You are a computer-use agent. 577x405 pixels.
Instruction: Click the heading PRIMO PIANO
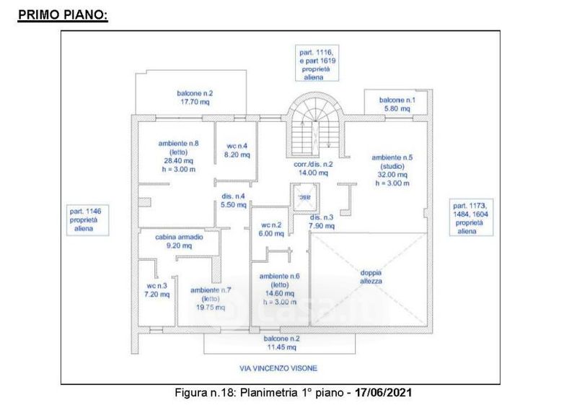coord(62,14)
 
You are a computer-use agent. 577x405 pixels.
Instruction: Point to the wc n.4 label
coord(237,149)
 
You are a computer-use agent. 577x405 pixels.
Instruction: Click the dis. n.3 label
coord(321,222)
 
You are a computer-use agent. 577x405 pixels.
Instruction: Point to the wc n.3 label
coord(157,289)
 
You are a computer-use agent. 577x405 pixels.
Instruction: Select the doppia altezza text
coord(372,276)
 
